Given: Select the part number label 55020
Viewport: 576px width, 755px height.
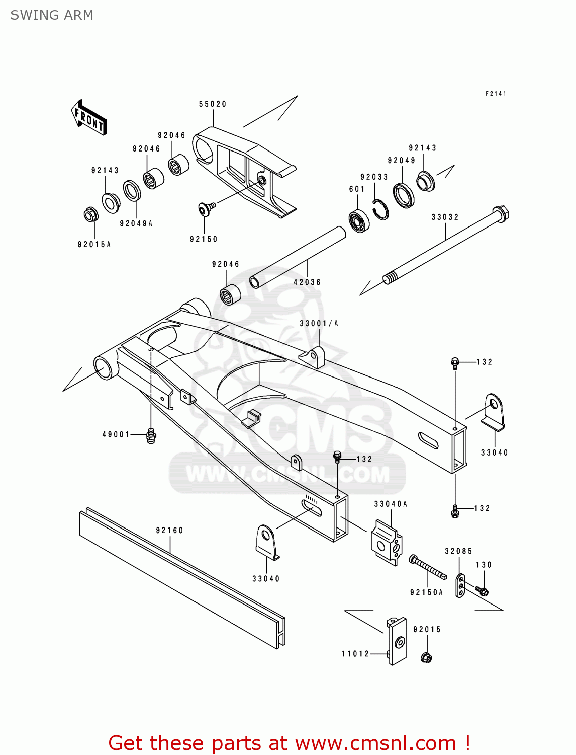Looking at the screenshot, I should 213,104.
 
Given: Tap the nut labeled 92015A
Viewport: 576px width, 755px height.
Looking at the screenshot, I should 91,215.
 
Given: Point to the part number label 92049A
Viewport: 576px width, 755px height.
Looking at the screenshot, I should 136,223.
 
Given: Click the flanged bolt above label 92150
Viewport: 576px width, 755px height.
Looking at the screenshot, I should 206,207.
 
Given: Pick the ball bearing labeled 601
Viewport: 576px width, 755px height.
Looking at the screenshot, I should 359,220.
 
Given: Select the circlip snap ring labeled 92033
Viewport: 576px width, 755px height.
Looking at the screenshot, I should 381,209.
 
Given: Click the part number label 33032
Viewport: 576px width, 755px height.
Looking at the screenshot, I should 445,217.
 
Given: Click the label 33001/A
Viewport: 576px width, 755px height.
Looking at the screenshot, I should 319,323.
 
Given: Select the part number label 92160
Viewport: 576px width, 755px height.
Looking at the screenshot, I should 169,530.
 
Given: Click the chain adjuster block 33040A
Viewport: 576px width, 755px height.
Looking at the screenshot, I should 387,542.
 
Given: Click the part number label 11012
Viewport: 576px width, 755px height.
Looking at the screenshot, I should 355,654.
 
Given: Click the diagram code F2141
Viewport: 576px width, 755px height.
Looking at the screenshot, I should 496,94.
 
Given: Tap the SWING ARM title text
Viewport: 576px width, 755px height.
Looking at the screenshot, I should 52,15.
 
